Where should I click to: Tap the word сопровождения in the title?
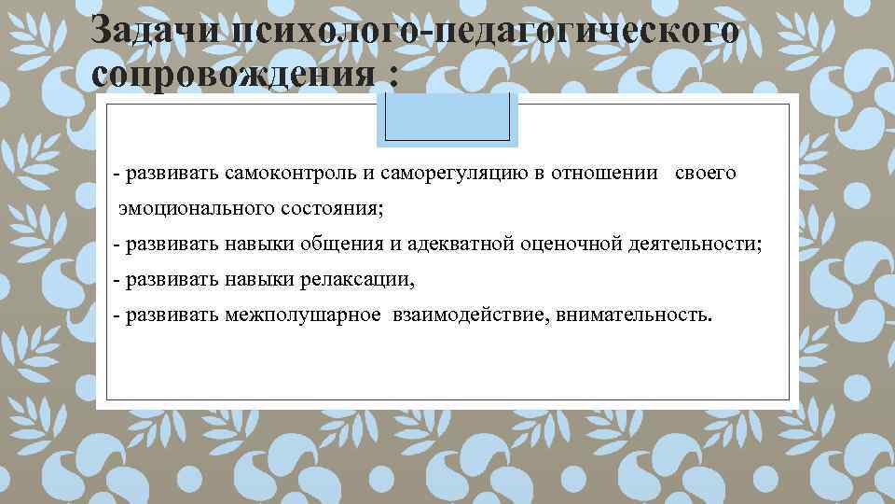coord(234,75)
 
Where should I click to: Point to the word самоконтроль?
coord(283,173)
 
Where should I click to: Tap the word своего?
coord(705,173)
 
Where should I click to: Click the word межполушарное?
coord(302,315)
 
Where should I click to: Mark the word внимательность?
coord(634,315)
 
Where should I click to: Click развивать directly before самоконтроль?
coord(172,173)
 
